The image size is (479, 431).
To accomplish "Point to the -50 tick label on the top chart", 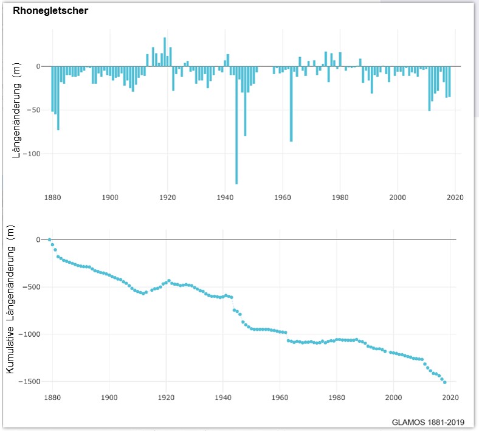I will click(35, 110).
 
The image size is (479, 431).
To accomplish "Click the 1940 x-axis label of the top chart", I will click(225, 197).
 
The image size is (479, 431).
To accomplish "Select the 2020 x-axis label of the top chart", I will click(455, 197).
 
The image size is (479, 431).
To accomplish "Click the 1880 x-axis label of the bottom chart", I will click(52, 398).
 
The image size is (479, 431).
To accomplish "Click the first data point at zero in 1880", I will click(50, 240).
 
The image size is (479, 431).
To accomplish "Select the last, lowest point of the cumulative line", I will click(445, 382).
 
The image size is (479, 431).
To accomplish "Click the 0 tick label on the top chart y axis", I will click(38, 66).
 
